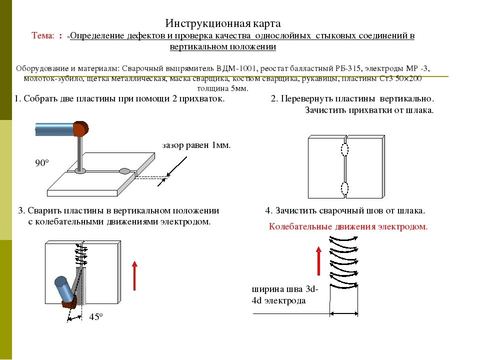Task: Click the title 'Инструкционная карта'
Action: click(x=223, y=23)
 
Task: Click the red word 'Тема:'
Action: click(x=43, y=36)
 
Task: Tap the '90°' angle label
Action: click(x=42, y=163)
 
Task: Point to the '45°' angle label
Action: click(x=96, y=317)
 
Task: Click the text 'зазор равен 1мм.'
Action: click(x=196, y=145)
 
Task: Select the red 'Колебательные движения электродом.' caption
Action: click(x=348, y=226)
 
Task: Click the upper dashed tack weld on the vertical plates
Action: click(x=344, y=149)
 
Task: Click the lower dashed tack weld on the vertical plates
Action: click(x=344, y=188)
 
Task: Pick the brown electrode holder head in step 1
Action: click(x=80, y=129)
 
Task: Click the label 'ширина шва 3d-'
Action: click(x=285, y=289)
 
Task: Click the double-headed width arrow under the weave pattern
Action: click(x=344, y=313)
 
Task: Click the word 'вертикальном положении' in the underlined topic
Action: click(x=223, y=47)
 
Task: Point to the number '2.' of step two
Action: click(x=274, y=98)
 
